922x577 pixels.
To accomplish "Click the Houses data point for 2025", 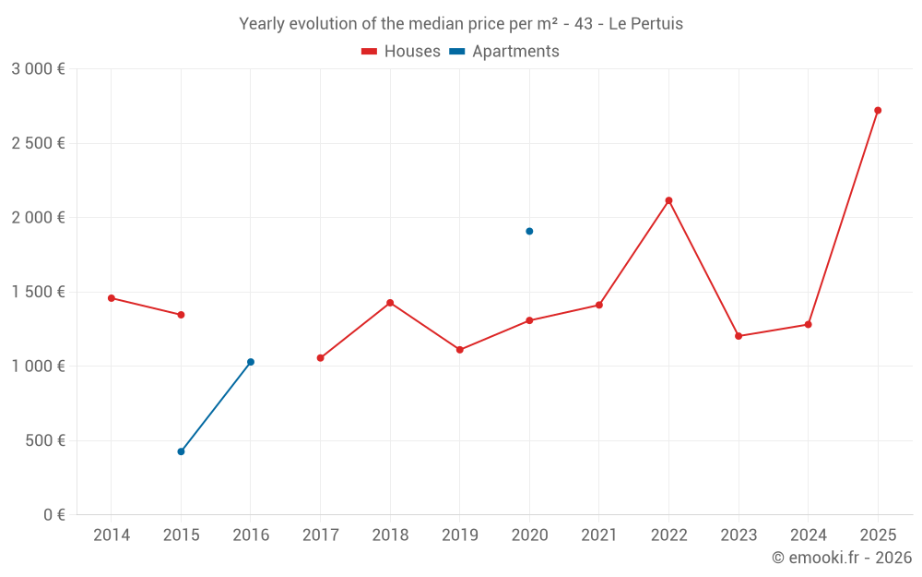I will coord(878,111).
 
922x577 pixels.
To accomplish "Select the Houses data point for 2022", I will coord(668,200).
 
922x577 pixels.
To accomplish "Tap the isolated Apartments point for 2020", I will coord(529,231).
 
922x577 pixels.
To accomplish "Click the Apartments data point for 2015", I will coord(181,451).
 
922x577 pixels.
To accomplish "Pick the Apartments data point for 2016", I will coord(251,362).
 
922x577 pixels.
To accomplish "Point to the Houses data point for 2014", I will coord(112,298).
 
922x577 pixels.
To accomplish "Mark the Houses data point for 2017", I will coord(320,358).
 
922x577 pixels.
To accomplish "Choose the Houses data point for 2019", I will coord(459,350).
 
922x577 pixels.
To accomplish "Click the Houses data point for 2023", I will coord(739,336).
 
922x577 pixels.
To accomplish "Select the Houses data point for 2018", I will coord(390,303).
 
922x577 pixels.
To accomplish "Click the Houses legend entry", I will coord(401,52).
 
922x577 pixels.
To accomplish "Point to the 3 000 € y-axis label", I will coord(38,69).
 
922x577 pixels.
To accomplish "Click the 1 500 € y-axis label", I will coord(38,292).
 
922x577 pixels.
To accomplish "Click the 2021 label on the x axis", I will coord(598,535).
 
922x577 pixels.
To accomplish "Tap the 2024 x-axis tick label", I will coord(808,535).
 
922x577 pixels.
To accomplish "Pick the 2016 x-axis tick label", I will coord(251,535).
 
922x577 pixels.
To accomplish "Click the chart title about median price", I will coord(461,24).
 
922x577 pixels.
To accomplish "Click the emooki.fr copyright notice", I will coord(842,558).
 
